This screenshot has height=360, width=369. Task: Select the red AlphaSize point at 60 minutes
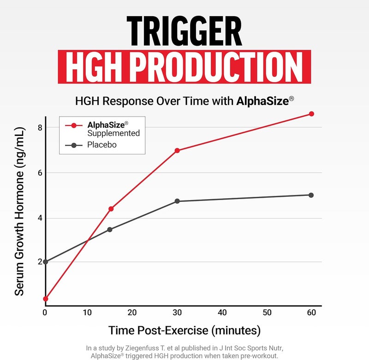311,113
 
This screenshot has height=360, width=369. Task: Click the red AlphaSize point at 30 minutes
177,150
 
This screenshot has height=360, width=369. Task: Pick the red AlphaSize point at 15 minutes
111,209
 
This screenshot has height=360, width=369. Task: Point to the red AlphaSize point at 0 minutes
45,299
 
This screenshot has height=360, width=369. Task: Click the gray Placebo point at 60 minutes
311,195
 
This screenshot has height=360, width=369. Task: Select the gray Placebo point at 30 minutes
177,201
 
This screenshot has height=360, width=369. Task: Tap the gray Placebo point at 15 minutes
110,230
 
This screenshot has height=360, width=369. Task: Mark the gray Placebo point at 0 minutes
45,262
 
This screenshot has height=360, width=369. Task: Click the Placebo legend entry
102,145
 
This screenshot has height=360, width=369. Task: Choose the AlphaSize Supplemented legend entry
113,129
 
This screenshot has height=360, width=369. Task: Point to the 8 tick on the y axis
40,127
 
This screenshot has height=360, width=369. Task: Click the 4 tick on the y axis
40,218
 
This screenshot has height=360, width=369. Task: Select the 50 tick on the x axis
267,313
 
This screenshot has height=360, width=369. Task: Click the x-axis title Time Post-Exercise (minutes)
184,330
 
